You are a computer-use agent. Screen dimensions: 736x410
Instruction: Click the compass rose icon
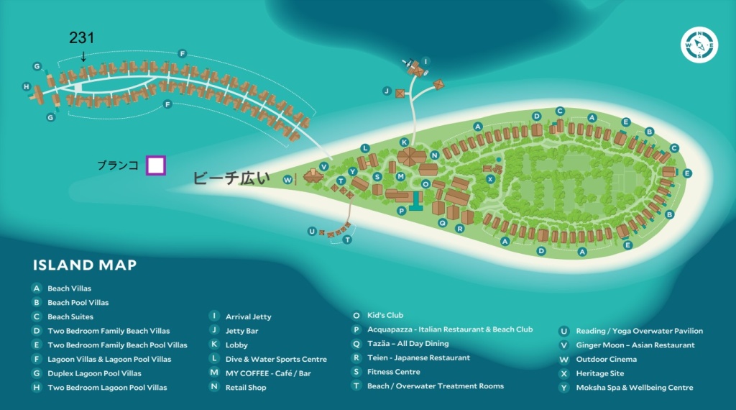click(699, 45)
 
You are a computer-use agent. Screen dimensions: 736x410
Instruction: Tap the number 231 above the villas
click(82, 37)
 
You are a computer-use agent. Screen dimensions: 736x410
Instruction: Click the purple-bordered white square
click(156, 165)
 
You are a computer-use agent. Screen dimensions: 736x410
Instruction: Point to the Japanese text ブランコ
click(118, 165)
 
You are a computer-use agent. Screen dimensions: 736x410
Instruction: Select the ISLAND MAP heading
click(85, 265)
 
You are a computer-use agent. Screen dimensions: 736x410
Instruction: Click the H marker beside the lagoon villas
click(27, 86)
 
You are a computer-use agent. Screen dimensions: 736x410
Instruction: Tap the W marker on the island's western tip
click(287, 179)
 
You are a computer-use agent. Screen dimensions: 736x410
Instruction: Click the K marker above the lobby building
click(404, 142)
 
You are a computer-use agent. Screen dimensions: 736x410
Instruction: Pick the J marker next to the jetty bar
click(387, 91)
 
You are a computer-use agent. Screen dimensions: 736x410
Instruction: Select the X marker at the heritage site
click(490, 179)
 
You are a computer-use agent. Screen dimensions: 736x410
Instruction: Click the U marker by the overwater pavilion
click(312, 231)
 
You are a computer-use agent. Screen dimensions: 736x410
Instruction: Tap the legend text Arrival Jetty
click(248, 316)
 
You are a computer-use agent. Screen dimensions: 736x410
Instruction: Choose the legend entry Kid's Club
click(385, 315)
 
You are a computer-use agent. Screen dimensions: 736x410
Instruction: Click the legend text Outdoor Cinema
click(607, 359)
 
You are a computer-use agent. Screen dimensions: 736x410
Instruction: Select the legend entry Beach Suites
click(70, 316)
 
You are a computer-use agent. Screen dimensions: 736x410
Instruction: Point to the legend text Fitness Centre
click(394, 371)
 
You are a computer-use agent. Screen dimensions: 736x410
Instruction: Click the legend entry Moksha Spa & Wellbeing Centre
click(635, 388)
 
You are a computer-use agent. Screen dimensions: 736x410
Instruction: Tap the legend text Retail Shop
click(246, 388)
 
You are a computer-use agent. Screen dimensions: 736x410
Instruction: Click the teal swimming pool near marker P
click(415, 201)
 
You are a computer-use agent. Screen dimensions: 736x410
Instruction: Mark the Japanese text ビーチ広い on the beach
click(231, 178)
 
